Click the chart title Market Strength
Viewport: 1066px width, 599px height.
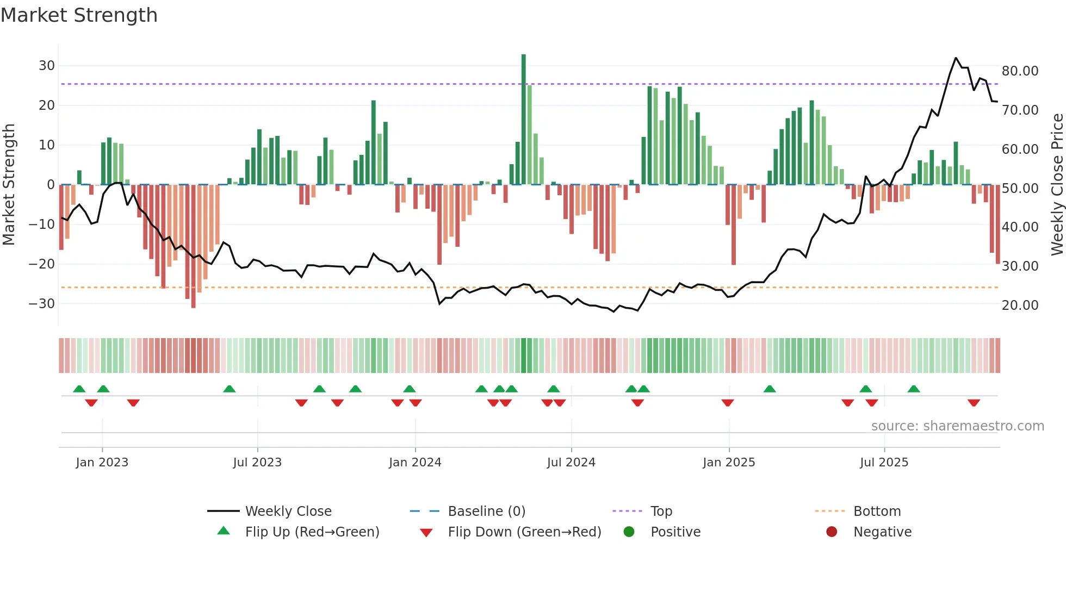click(x=79, y=15)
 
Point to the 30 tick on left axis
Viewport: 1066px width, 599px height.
click(x=47, y=66)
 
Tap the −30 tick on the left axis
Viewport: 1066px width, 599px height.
click(x=42, y=304)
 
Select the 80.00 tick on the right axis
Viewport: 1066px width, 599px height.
click(x=1020, y=71)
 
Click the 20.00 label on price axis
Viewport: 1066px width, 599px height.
click(x=1020, y=305)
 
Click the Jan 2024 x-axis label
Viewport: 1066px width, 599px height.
click(x=415, y=463)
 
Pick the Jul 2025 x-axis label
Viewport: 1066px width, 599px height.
click(x=884, y=463)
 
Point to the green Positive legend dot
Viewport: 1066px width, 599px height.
click(x=629, y=532)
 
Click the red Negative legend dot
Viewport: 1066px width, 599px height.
click(x=832, y=532)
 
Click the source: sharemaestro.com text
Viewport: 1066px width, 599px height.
click(x=957, y=426)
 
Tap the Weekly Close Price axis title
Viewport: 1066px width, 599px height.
click(x=1057, y=185)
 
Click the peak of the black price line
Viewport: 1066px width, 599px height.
click(x=956, y=58)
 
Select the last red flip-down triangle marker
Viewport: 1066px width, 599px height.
click(x=974, y=403)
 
